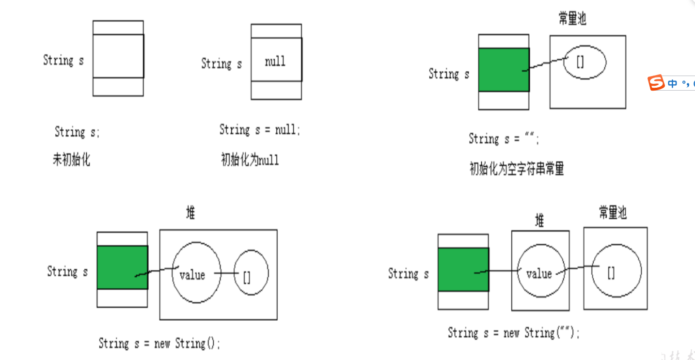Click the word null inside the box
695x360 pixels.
tap(275, 62)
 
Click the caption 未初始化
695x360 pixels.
tap(71, 159)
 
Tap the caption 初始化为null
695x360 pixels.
tap(250, 160)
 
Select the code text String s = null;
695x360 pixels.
tap(260, 130)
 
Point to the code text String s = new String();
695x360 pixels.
tap(159, 344)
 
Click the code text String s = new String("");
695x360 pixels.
tap(514, 333)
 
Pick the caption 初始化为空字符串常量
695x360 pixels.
tap(517, 169)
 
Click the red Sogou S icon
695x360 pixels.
tap(656, 83)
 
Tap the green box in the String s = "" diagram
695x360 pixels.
tap(504, 70)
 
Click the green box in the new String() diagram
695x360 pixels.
tap(122, 267)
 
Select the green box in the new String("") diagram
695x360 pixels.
tap(463, 269)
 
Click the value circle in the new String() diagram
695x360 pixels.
tap(196, 272)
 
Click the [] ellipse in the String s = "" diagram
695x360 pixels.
tap(584, 62)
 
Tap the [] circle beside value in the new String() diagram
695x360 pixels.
tap(251, 273)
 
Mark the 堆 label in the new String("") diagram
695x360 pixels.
tap(539, 221)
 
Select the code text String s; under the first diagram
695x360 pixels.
tap(77, 132)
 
